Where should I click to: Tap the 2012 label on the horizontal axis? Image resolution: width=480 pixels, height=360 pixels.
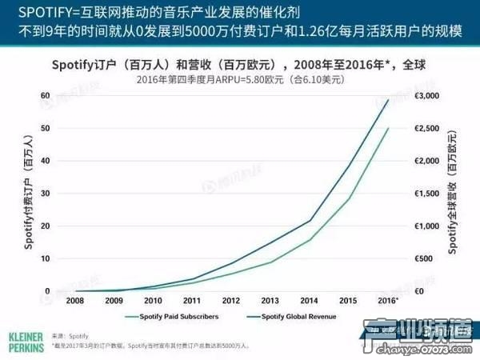tap(230, 300)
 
